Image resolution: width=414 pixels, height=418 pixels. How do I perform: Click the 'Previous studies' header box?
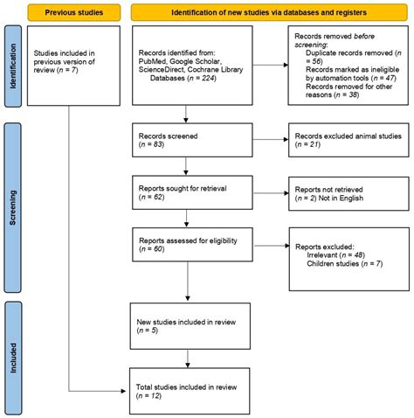pos(69,12)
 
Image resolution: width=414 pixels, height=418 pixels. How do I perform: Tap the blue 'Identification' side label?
pos(11,69)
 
